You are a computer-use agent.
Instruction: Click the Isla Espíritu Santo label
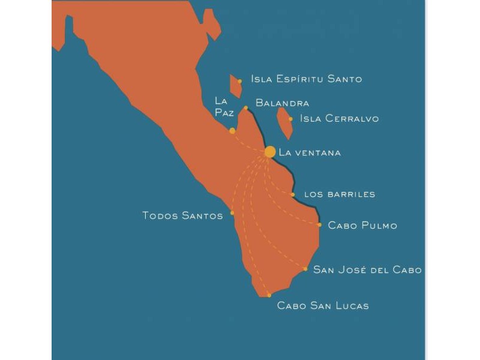(307, 79)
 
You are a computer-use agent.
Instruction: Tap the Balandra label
(282, 103)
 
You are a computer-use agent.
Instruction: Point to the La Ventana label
(310, 152)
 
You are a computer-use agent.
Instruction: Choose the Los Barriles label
(340, 194)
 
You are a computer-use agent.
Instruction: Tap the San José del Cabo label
(367, 269)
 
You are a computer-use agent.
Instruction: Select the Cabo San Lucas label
(323, 306)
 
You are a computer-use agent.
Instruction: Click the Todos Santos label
(182, 215)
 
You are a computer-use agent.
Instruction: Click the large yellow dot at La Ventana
(269, 152)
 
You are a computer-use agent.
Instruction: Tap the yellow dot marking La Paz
(232, 131)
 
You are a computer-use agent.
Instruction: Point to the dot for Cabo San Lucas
(269, 295)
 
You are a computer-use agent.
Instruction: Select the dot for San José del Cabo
(305, 269)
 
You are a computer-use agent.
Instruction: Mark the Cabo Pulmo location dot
(320, 225)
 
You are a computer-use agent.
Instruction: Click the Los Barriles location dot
(293, 194)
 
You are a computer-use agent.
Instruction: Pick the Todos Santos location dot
(232, 212)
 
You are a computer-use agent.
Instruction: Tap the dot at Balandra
(245, 108)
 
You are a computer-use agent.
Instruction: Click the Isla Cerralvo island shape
(284, 122)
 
